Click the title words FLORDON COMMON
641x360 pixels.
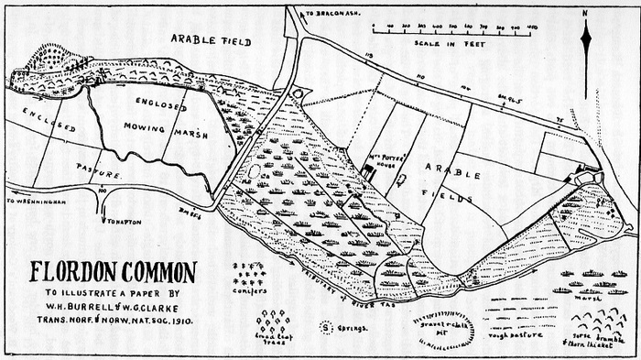pos(113,271)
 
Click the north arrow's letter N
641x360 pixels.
pos(585,13)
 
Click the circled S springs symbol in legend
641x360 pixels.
pos(325,325)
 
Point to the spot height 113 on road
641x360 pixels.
pos(372,57)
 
